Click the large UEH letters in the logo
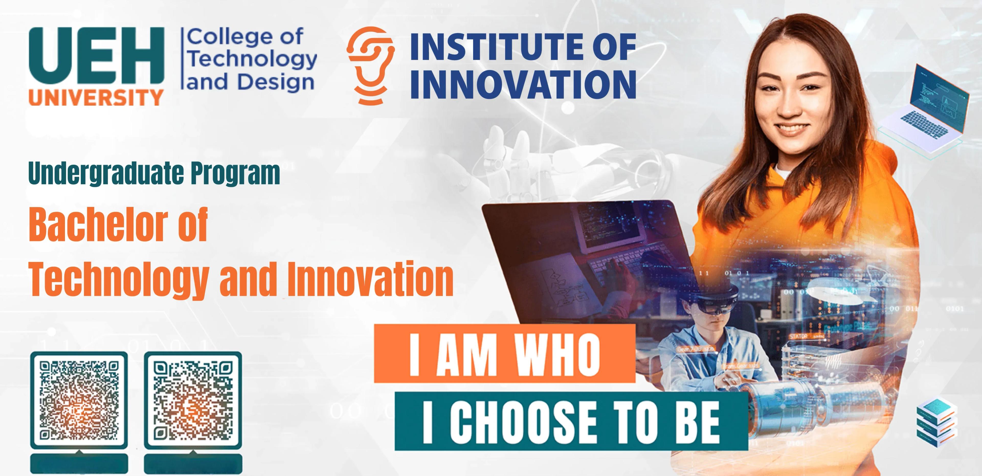(96, 56)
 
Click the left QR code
(79, 400)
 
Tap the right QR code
(193, 400)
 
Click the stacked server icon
(936, 422)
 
